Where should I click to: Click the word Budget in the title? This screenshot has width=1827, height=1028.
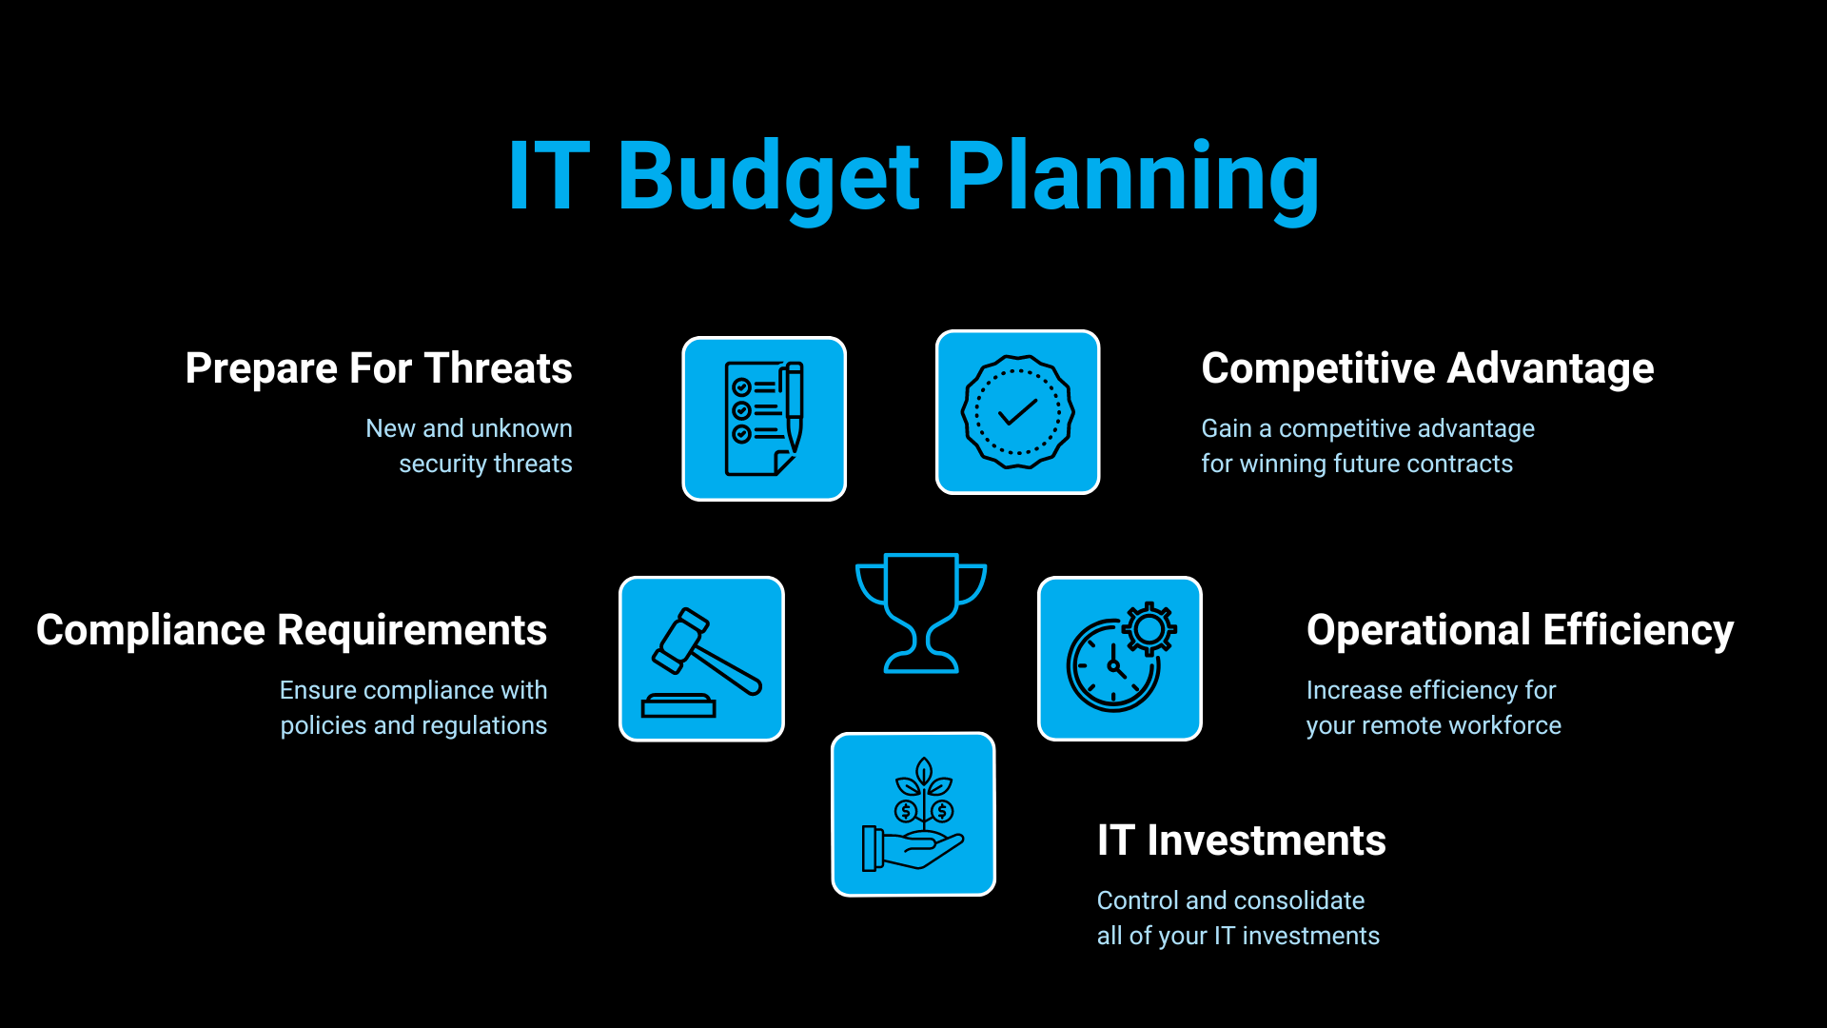point(769,178)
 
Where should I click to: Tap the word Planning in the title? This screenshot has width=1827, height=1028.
point(1133,178)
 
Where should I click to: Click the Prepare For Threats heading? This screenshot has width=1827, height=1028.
point(379,369)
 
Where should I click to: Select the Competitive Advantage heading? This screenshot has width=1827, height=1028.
point(1427,369)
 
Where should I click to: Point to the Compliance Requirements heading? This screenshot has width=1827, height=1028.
point(291,631)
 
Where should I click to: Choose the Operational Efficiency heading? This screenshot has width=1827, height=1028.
point(1520,631)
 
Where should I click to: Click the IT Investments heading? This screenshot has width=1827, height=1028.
point(1241,840)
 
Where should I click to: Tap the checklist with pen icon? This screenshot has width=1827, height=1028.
point(764,419)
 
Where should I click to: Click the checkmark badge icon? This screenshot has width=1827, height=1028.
point(1018,412)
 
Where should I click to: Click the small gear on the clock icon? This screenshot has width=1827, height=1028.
point(1149,629)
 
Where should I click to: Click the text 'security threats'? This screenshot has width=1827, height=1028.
point(485,465)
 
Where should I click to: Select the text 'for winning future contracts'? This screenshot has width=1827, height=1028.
point(1357,465)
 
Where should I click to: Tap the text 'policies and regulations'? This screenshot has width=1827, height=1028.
point(414,726)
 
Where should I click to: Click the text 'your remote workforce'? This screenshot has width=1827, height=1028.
point(1434,726)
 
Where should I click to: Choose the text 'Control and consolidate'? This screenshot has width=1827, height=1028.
point(1230,900)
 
